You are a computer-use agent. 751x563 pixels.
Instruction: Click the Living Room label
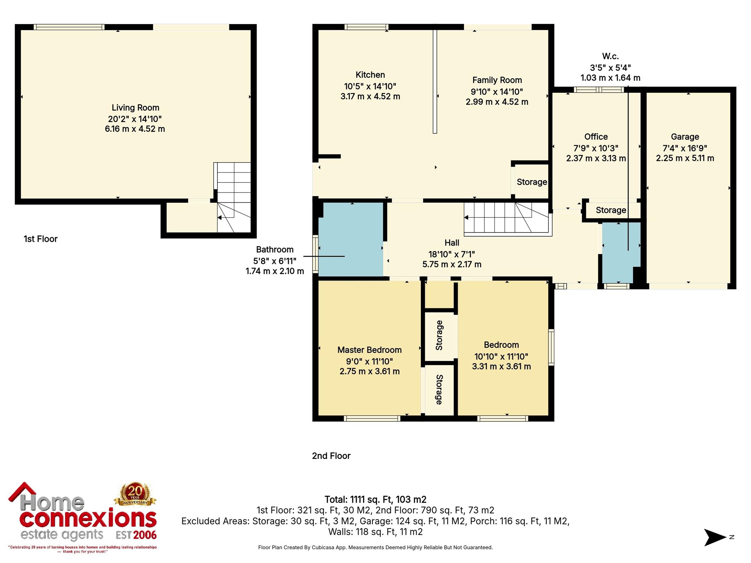click(x=135, y=108)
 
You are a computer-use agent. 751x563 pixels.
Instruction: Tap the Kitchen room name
click(x=370, y=75)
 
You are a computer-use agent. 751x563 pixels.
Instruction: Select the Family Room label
click(x=497, y=80)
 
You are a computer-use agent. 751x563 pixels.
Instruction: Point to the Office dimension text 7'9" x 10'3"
click(x=596, y=148)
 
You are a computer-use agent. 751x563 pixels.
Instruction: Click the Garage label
click(x=685, y=137)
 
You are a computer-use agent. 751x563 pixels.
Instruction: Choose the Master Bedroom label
click(x=369, y=350)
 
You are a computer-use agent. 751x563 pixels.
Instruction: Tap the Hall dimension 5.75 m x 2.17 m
click(x=452, y=264)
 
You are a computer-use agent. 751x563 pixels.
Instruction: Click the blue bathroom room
click(x=351, y=239)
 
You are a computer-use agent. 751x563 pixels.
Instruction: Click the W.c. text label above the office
click(x=611, y=56)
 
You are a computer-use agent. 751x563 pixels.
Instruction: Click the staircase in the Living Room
click(x=233, y=197)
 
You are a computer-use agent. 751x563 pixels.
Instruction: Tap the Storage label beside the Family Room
click(x=532, y=182)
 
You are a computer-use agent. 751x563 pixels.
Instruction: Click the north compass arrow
click(x=715, y=537)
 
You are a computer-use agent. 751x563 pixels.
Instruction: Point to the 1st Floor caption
click(x=41, y=239)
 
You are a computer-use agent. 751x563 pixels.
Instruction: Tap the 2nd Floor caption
click(x=331, y=456)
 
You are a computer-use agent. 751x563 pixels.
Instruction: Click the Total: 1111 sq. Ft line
click(x=375, y=500)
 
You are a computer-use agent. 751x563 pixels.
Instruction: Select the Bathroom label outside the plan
click(x=275, y=250)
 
